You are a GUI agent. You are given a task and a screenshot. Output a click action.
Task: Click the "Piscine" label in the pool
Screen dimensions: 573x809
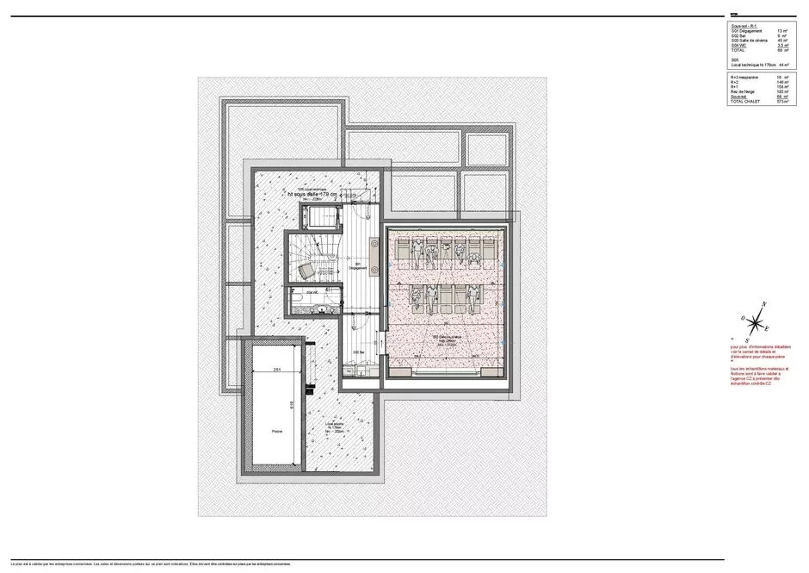276,431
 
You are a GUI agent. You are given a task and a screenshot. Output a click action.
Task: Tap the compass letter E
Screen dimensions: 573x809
767,329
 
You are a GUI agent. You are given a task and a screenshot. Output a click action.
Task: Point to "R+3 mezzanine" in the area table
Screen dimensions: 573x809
748,78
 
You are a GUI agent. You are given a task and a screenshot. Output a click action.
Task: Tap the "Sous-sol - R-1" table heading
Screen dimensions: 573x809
745,26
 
